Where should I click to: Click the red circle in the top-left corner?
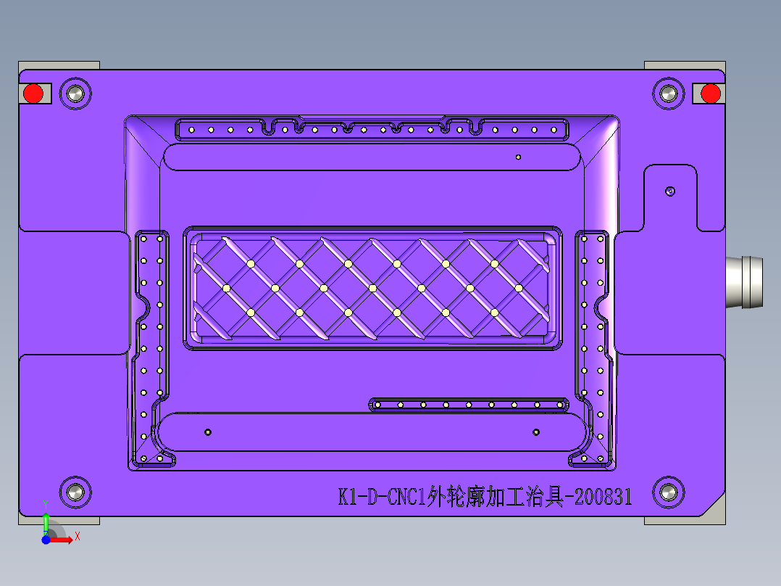[33, 94]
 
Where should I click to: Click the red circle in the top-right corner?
[711, 94]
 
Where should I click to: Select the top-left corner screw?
[74, 94]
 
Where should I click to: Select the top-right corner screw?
[668, 94]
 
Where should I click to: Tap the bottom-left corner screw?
[74, 492]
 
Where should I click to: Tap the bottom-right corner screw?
[668, 492]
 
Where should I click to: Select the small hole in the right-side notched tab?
[670, 191]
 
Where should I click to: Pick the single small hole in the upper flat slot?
[518, 157]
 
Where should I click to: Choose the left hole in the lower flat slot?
[208, 432]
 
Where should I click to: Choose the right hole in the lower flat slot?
[536, 432]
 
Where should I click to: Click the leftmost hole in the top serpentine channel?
[191, 131]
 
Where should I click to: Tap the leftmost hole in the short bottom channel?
[377, 405]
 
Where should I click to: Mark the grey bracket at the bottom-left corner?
[59, 520]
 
